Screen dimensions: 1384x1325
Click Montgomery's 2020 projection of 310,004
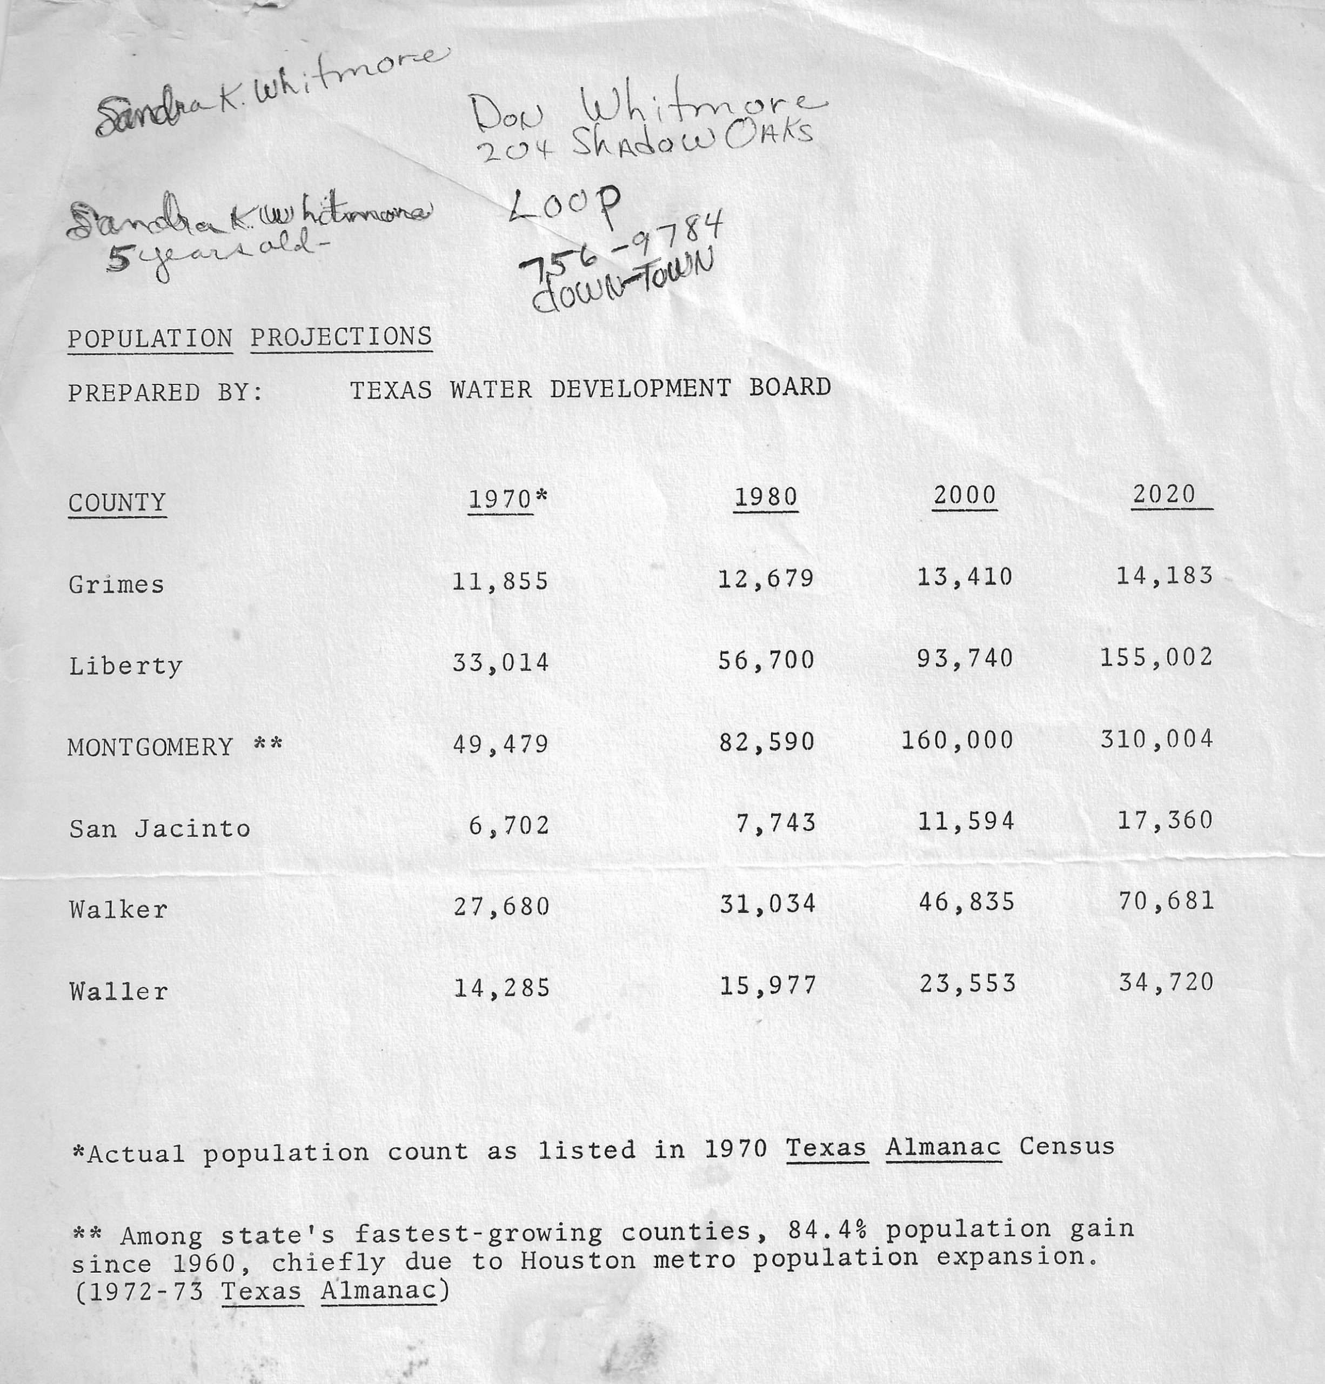(x=1156, y=740)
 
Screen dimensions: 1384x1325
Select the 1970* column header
(x=507, y=499)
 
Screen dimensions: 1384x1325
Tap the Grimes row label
(x=117, y=584)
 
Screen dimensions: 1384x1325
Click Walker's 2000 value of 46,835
(x=966, y=902)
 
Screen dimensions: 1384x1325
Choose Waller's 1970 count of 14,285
(x=501, y=987)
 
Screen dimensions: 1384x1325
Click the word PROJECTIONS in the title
(x=341, y=337)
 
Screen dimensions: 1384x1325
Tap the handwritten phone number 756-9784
(x=621, y=247)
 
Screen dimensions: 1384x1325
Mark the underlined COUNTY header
(x=117, y=503)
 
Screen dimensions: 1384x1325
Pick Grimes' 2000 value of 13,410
(x=965, y=577)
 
